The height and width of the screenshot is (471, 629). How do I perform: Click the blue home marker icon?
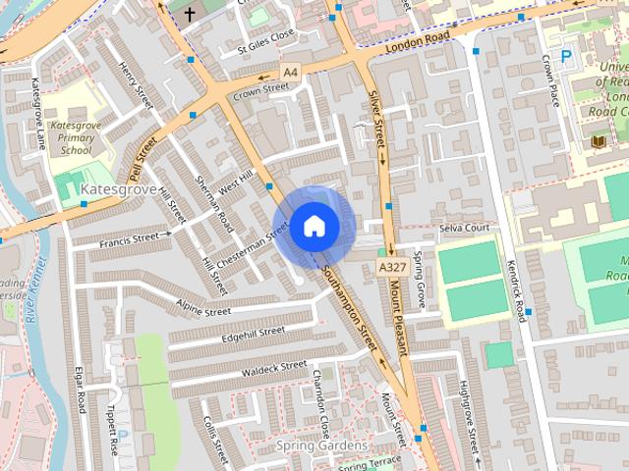(314, 226)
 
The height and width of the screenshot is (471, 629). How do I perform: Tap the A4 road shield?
(289, 72)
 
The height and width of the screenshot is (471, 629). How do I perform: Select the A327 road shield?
(390, 267)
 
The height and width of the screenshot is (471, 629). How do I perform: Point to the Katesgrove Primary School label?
(77, 138)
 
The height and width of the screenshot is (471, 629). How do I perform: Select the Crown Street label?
(261, 88)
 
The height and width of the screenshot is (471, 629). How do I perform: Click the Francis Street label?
(129, 237)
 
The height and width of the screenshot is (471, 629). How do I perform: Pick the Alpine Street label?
(203, 311)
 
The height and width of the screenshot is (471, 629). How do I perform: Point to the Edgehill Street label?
(253, 334)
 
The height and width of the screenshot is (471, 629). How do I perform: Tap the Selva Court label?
(465, 228)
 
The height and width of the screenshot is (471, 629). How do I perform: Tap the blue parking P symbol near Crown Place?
(566, 57)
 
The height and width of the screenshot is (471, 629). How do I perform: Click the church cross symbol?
(189, 13)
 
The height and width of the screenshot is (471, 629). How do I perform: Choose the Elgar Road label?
(82, 402)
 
